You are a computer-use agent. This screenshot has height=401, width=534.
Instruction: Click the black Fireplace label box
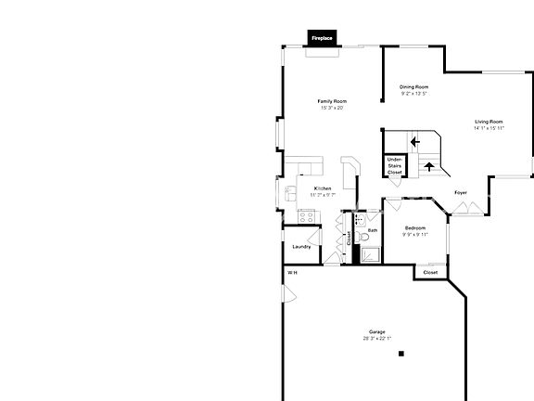click(x=322, y=38)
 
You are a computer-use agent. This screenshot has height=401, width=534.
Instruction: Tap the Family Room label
click(x=332, y=100)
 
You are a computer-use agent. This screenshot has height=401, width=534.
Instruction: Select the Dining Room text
click(x=414, y=86)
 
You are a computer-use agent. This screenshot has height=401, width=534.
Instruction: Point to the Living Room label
click(x=489, y=122)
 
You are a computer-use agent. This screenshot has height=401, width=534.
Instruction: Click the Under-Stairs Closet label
click(x=395, y=165)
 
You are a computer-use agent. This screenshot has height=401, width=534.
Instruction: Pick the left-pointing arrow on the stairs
click(x=414, y=142)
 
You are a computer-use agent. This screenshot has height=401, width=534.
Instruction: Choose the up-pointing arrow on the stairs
click(x=428, y=168)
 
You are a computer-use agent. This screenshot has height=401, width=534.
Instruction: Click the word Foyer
click(x=461, y=193)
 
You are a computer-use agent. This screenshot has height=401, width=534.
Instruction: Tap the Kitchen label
click(x=323, y=188)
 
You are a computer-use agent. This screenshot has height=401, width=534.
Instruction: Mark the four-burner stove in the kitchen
click(x=307, y=217)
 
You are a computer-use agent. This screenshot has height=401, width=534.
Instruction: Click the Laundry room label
click(x=301, y=246)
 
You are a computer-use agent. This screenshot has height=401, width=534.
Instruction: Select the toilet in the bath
click(x=363, y=238)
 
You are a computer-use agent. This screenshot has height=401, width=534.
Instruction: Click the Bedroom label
click(x=414, y=228)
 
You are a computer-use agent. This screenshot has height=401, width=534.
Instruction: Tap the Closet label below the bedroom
click(x=431, y=273)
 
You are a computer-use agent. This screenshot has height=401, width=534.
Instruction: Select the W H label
click(x=292, y=273)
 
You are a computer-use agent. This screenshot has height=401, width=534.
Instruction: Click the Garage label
click(x=376, y=331)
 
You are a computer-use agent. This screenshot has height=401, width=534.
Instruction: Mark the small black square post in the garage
click(x=401, y=354)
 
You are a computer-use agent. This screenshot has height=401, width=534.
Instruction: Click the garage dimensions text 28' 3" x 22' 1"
click(x=376, y=338)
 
